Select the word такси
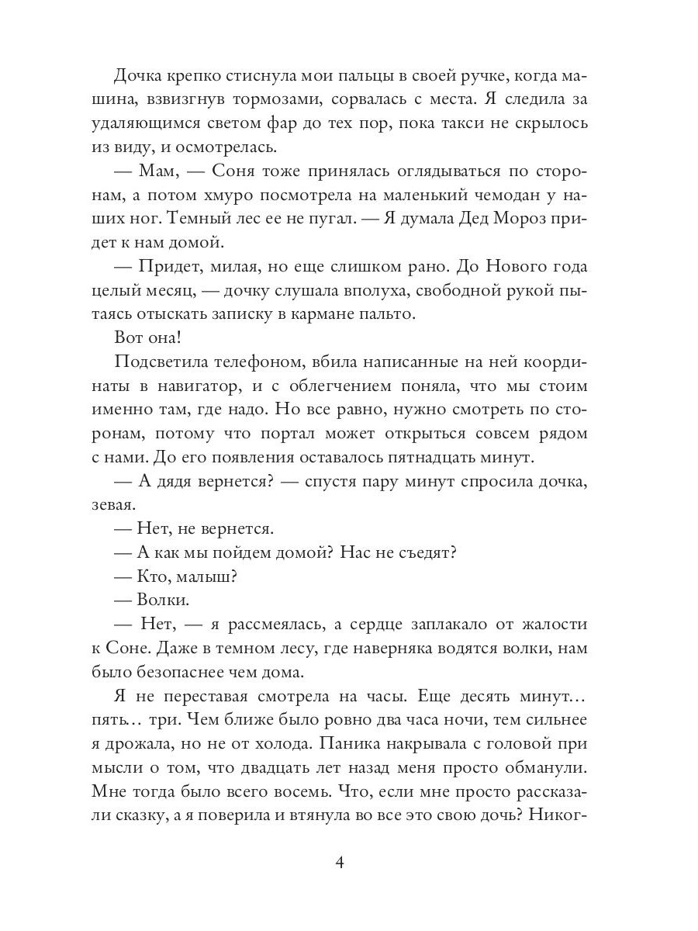(470, 123)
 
